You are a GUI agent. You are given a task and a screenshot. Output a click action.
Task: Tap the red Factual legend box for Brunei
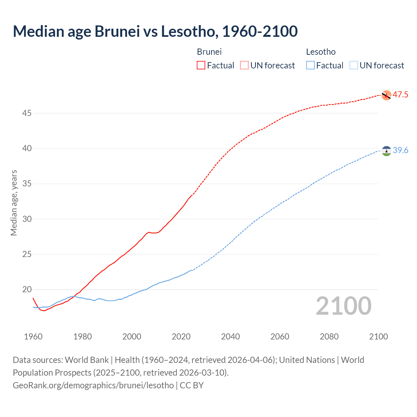201,65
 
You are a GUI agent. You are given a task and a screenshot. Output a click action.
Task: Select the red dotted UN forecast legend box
244,65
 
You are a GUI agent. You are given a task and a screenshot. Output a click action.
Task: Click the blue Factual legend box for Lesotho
310,65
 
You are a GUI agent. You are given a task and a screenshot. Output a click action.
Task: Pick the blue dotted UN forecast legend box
353,65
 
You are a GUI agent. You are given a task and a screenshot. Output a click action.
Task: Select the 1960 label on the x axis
33,337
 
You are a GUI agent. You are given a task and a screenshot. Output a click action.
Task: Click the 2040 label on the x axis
230,337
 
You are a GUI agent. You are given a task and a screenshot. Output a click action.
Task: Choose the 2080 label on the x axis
329,337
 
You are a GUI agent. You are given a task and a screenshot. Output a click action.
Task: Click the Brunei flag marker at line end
386,95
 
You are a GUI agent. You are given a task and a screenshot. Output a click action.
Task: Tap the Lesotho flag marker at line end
386,151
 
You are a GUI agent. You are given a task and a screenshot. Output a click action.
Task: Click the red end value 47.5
400,95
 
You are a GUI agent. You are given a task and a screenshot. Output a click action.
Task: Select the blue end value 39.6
400,150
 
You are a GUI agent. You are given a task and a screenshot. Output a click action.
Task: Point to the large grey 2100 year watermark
343,306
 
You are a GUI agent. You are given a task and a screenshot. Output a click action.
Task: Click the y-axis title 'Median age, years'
14,203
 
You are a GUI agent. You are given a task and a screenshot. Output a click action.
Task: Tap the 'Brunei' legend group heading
209,52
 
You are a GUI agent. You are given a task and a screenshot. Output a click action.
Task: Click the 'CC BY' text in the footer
192,385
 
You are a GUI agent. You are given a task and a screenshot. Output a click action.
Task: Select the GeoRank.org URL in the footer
93,385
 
